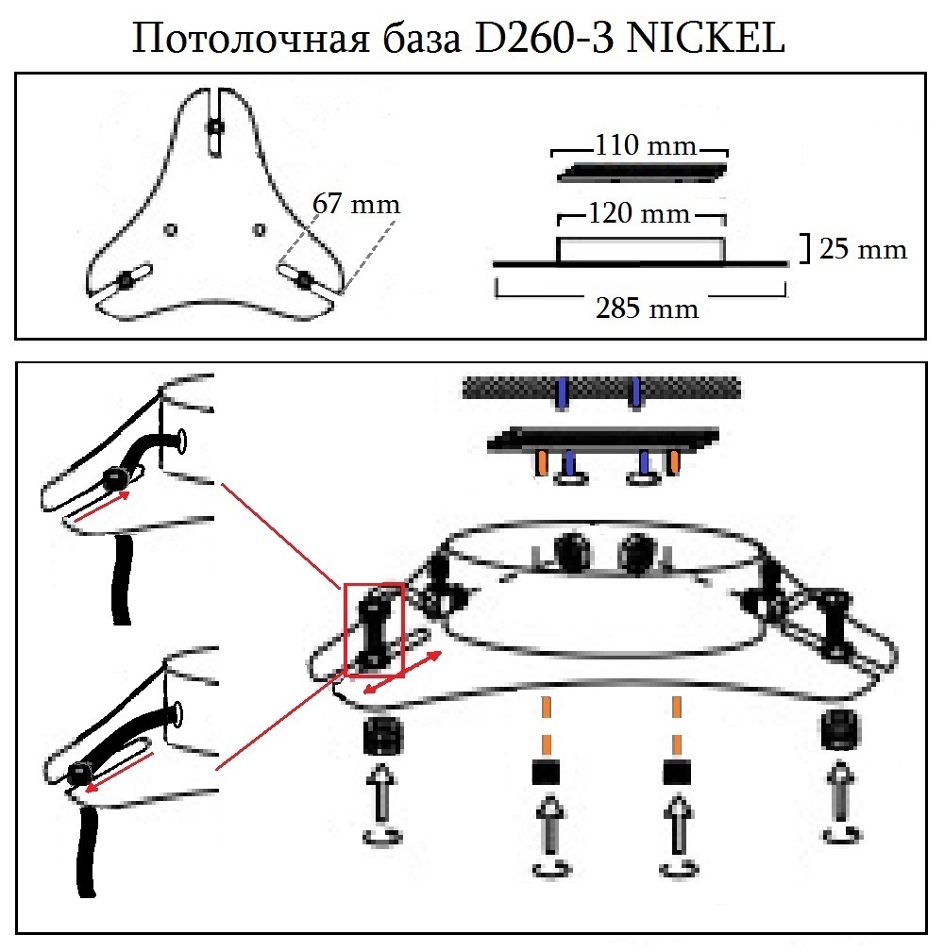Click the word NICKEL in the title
pos(706,39)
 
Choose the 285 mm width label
pos(648,308)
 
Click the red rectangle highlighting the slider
pos(375,629)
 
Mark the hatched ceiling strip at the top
pos(601,388)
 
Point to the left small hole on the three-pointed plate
pos(171,228)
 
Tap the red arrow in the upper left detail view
pos(103,506)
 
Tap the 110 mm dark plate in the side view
pos(642,174)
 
